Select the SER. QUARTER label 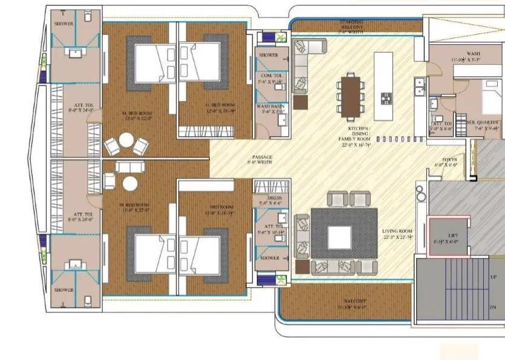[x=483, y=122]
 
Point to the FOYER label [x=449, y=160]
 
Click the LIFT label [x=452, y=235]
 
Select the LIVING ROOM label [x=397, y=232]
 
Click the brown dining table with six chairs [x=350, y=95]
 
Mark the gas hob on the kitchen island [x=383, y=96]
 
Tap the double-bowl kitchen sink [x=418, y=91]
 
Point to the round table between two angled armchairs [x=125, y=140]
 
